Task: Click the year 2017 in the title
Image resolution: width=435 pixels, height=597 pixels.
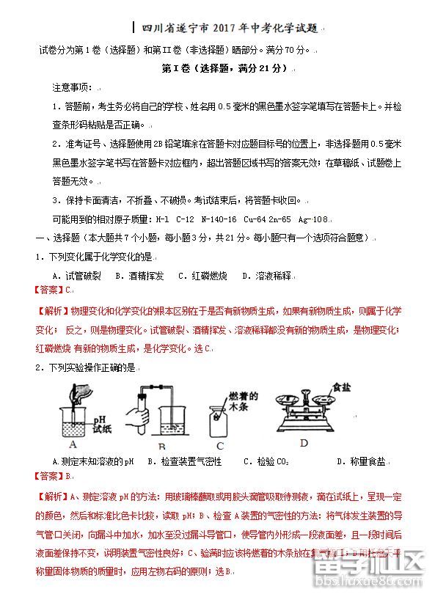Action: coord(224,29)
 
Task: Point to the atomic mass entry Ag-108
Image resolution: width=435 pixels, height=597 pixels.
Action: coord(312,219)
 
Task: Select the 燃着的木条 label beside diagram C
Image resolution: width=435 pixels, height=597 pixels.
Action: coord(240,400)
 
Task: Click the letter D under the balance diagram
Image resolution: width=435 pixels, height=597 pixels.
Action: coord(304,443)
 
